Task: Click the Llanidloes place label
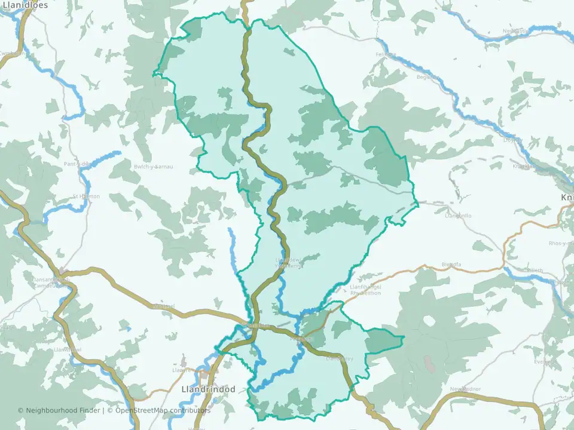click(23, 5)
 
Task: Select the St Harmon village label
click(86, 196)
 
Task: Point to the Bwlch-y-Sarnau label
click(154, 167)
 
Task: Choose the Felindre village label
click(386, 55)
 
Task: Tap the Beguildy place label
click(428, 77)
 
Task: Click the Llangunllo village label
click(459, 216)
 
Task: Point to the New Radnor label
click(465, 389)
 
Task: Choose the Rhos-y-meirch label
click(561, 244)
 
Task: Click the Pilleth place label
click(535, 271)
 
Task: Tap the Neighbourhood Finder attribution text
click(60, 410)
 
